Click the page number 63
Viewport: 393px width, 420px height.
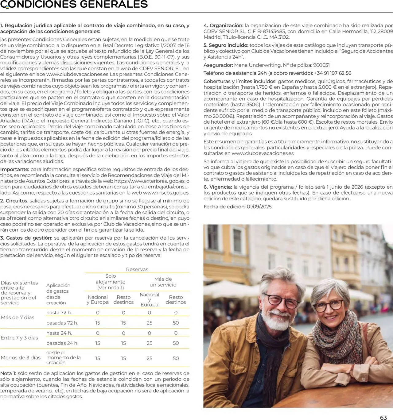point(383,418)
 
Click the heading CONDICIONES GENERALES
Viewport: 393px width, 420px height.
point(74,4)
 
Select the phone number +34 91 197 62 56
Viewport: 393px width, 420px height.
point(333,73)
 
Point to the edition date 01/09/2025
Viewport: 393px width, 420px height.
point(259,207)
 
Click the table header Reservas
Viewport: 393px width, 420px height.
point(137,269)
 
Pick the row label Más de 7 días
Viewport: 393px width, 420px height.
point(18,318)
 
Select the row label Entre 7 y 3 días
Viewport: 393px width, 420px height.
point(19,338)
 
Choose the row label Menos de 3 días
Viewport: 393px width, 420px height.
point(21,358)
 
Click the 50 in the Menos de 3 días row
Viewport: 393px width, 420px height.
point(176,358)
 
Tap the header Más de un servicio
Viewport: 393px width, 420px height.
point(163,282)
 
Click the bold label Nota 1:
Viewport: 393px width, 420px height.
point(8,373)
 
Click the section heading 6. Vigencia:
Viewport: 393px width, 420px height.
point(218,187)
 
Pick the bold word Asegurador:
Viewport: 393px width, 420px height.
point(218,65)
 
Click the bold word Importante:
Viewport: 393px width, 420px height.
point(15,169)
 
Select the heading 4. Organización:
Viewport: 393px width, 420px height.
point(224,25)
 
